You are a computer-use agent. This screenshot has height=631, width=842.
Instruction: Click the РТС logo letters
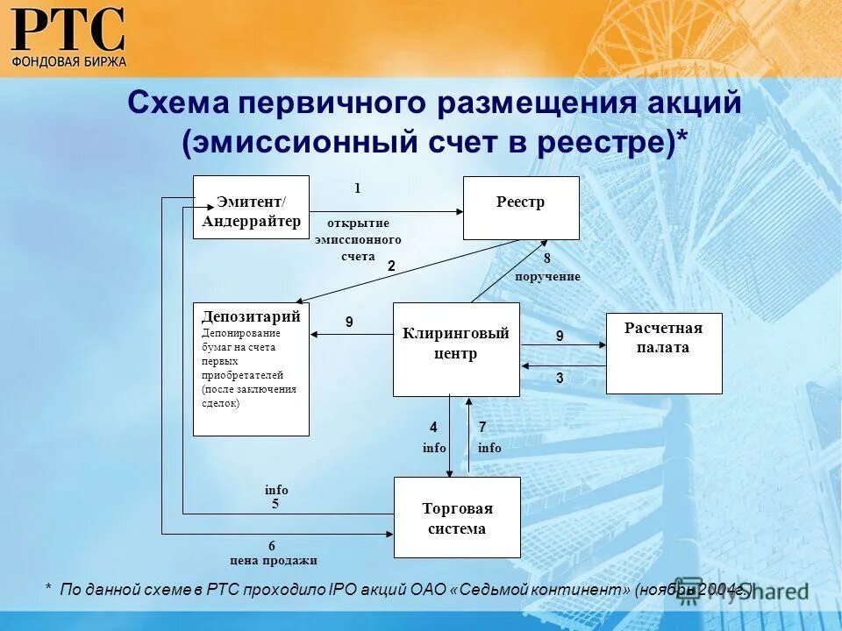pos(68,30)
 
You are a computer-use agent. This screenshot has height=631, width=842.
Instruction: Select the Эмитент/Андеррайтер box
pos(251,207)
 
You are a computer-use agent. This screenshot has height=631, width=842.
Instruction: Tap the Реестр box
pos(521,208)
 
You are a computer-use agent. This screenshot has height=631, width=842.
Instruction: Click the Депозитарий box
pos(251,368)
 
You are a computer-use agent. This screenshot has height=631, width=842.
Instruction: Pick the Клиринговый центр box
pos(456,349)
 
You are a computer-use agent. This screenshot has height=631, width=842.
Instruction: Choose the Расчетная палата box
pos(664,353)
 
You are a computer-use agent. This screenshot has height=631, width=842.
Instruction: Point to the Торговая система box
pos(457,517)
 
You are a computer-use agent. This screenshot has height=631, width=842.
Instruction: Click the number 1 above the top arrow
pos(357,188)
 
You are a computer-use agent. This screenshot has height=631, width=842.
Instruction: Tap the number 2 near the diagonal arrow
pos(391,266)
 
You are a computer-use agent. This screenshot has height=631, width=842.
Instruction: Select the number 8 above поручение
pos(546,259)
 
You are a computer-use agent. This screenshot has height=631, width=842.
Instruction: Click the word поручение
pos(547,277)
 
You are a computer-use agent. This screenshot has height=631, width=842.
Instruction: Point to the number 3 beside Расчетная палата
pos(560,378)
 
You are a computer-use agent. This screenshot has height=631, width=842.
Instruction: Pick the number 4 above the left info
pos(433,428)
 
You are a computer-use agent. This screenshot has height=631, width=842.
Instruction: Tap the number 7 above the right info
pos(482,428)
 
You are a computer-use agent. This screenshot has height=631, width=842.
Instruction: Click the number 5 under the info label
pos(275,504)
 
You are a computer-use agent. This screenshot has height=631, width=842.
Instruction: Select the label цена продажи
pos(273,561)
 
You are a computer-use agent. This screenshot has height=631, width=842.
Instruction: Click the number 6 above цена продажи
pos(272,546)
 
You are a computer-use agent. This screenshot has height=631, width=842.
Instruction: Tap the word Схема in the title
pos(178,103)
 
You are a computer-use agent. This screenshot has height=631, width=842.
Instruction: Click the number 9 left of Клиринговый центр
pos(349,323)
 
